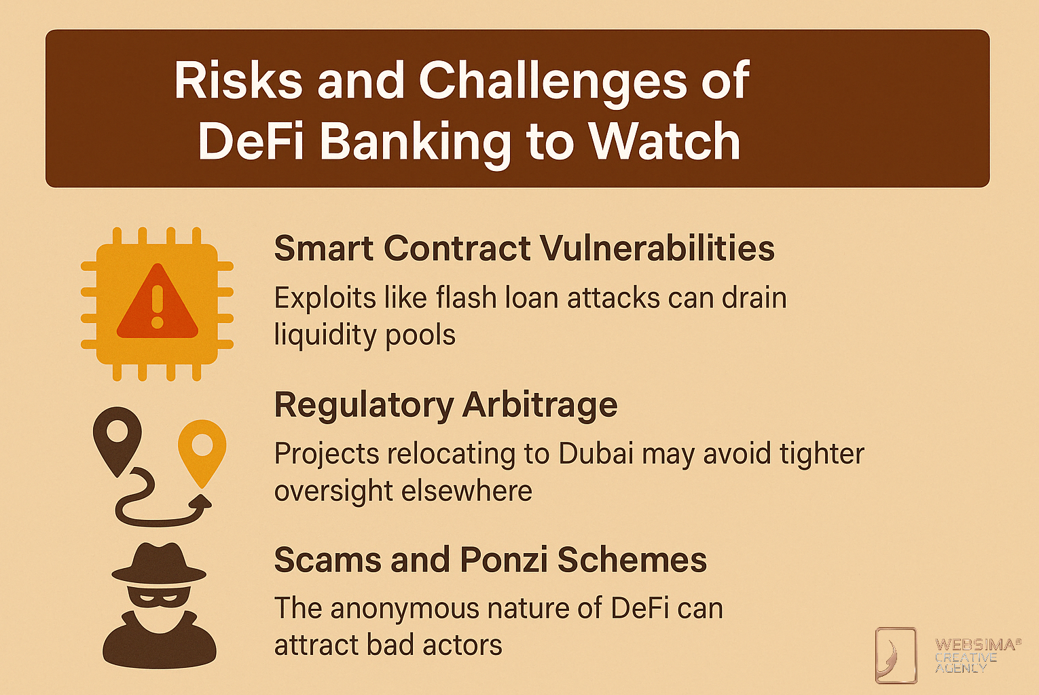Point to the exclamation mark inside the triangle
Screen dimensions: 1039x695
click(x=158, y=307)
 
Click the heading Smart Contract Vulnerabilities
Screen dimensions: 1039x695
click(x=524, y=249)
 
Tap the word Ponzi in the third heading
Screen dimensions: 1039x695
click(x=503, y=560)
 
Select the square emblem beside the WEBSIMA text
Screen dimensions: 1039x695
click(x=896, y=656)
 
